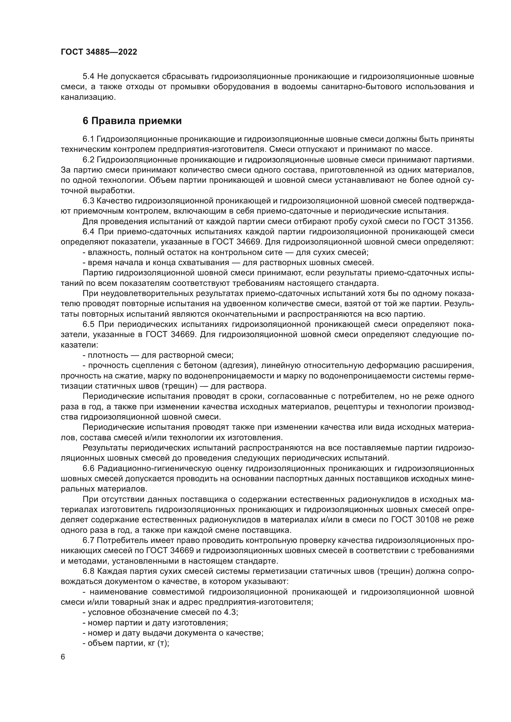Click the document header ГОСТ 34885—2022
tap(99, 52)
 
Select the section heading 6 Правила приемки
tap(132, 121)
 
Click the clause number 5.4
tap(88, 77)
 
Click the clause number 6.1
tap(88, 139)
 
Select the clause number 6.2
tap(88, 160)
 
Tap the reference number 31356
tap(460, 221)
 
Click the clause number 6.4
tap(88, 232)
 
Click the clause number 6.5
tap(88, 324)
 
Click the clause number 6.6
tap(88, 469)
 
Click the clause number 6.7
tap(88, 540)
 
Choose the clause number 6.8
tap(88, 571)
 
